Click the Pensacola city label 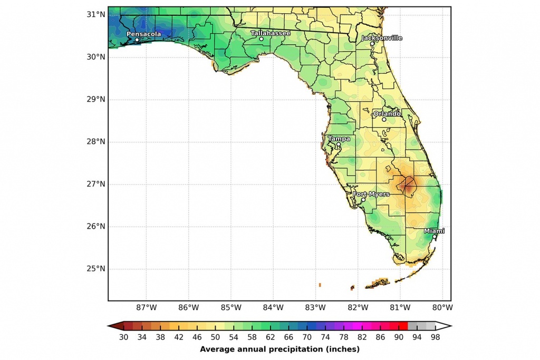(x=143, y=34)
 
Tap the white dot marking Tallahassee (x=261, y=39)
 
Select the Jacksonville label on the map (x=382, y=38)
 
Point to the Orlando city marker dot (x=384, y=120)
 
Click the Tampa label (x=339, y=139)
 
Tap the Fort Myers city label (x=371, y=194)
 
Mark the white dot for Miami (x=434, y=237)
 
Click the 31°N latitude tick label (x=95, y=14)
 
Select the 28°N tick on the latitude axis (x=95, y=142)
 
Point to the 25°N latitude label (x=95, y=269)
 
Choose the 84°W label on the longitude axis (x=273, y=308)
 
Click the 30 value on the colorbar (x=124, y=337)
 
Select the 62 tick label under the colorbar (x=271, y=337)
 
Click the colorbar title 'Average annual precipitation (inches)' (x=279, y=349)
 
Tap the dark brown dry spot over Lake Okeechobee (x=407, y=185)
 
